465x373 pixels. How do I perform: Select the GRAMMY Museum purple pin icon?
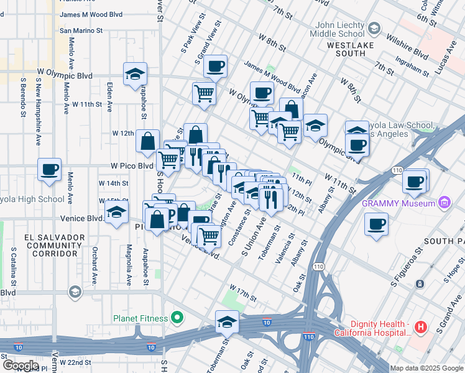(444, 203)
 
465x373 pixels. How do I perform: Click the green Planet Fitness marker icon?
(177, 318)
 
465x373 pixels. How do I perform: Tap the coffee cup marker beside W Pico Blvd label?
(50, 169)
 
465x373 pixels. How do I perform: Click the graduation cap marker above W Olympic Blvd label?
(135, 73)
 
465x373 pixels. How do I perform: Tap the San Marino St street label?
(80, 29)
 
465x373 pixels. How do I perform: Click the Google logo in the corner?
(21, 366)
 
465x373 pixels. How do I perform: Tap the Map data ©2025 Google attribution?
(426, 368)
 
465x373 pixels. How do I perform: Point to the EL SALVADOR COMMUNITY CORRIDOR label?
(54, 245)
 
